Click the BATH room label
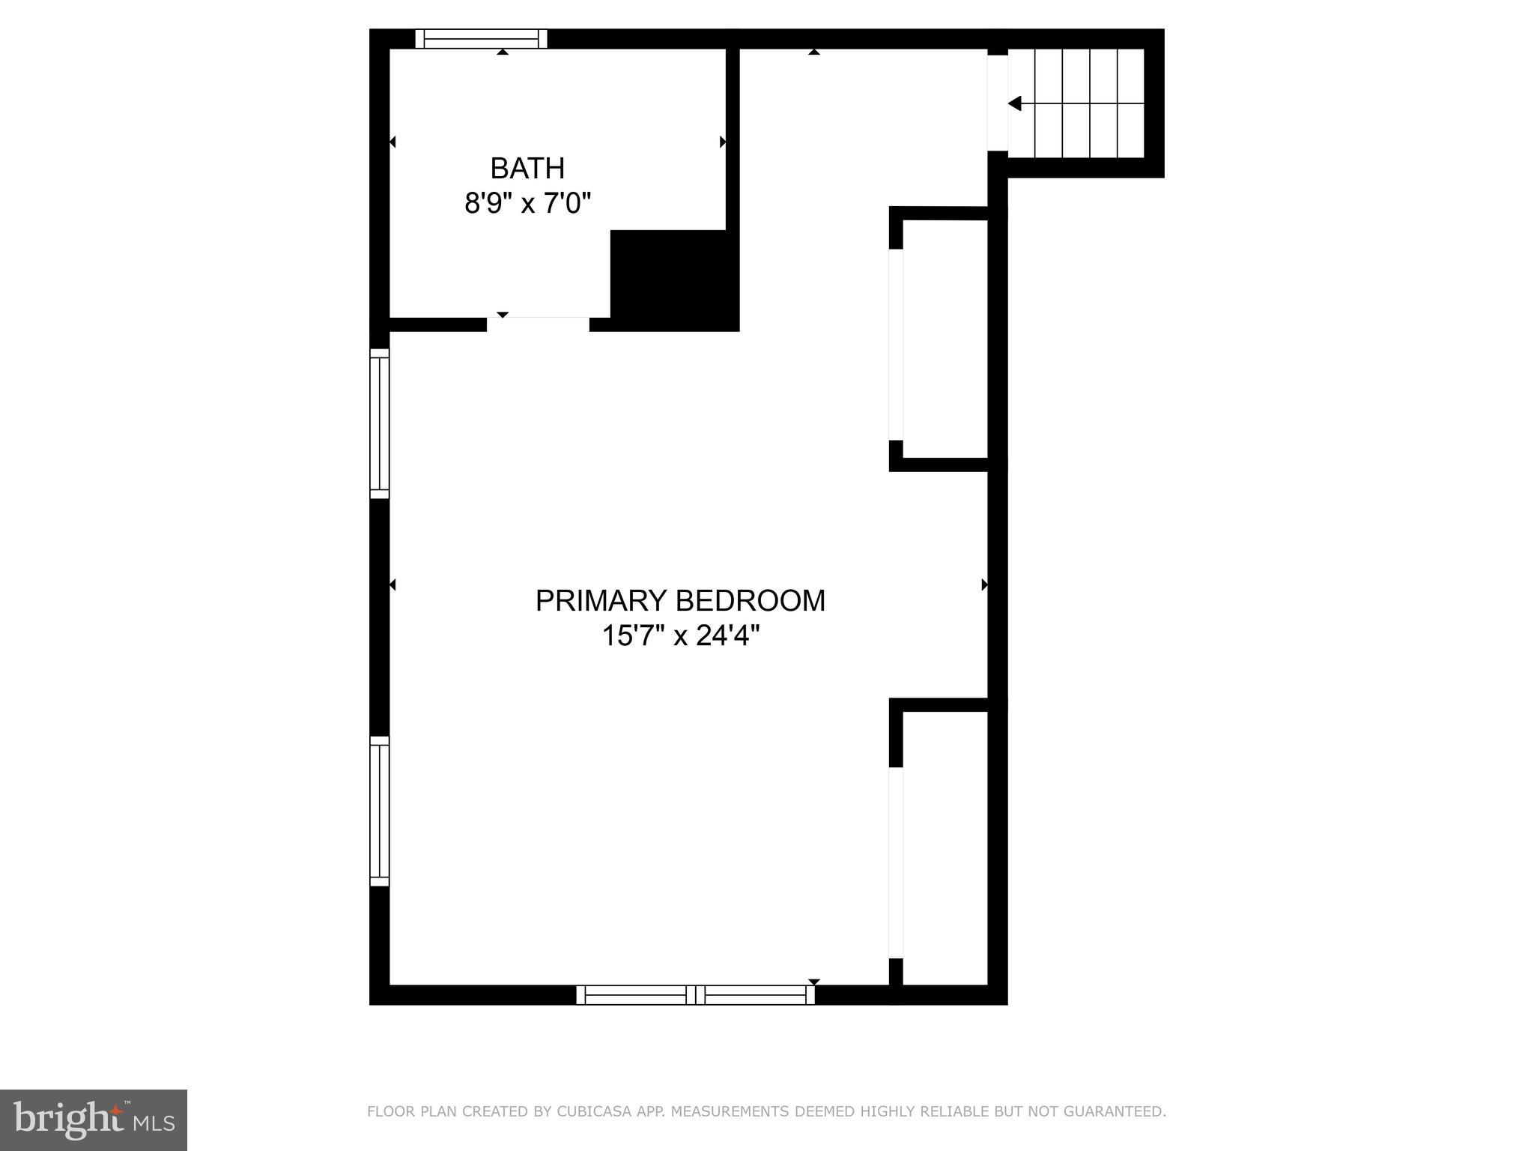(527, 169)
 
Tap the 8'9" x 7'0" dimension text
(527, 203)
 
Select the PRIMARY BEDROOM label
(680, 601)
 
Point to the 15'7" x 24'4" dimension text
(680, 636)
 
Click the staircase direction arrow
(1015, 103)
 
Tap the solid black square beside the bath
(674, 280)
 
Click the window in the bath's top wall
(481, 38)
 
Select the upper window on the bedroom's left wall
(380, 423)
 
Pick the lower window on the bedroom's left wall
(380, 811)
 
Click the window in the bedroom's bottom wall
(695, 994)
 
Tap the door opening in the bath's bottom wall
(538, 324)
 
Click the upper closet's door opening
(896, 345)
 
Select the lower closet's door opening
(896, 863)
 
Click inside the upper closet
(945, 339)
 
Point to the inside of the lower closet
(945, 847)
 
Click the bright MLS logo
(94, 1120)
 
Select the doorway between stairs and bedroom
(998, 103)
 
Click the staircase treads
(1076, 103)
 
